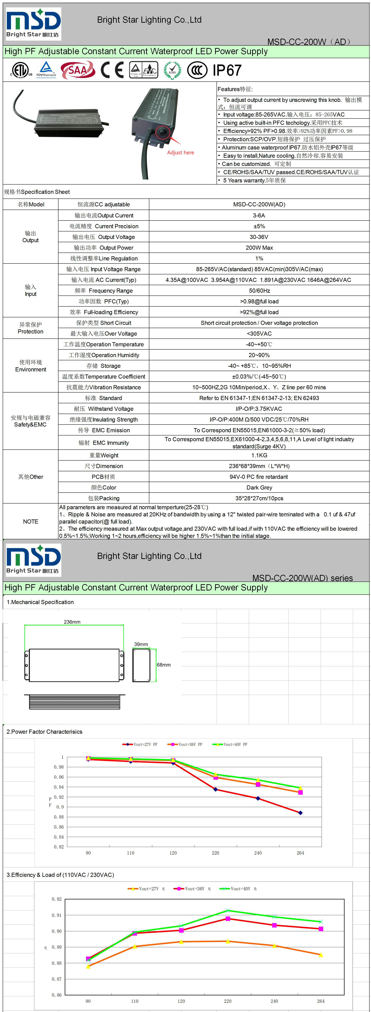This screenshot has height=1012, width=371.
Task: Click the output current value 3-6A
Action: pos(259,215)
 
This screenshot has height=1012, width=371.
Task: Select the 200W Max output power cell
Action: pos(259,248)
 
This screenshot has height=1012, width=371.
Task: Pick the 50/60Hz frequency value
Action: pos(259,291)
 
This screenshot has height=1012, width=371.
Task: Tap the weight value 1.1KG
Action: pos(259,455)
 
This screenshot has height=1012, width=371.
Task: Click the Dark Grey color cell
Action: pos(259,488)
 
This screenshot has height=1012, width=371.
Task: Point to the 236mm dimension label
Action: pos(72,622)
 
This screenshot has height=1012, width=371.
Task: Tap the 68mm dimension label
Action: pos(164,665)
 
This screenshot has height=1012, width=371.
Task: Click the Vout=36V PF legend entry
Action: pos(185,744)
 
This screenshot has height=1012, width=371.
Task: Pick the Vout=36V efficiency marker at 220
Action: pos(228,919)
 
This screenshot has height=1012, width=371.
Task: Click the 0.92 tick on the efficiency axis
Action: pos(56,899)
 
